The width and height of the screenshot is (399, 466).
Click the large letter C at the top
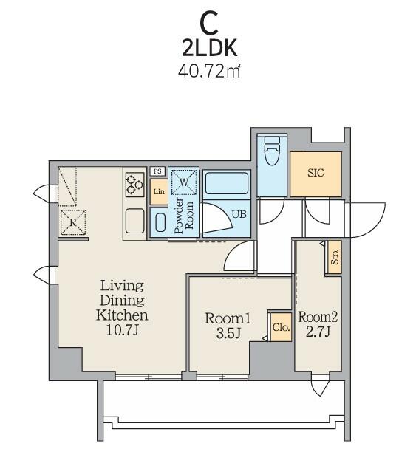209,24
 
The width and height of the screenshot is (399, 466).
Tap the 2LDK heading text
210,48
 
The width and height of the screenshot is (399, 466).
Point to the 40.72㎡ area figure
209,71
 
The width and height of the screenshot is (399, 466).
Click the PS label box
157,171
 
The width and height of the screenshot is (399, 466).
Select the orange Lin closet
159,192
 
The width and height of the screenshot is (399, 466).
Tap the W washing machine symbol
184,182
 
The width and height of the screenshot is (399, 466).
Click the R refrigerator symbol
73,222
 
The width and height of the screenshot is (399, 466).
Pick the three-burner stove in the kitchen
135,185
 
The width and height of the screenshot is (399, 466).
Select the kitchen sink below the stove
135,221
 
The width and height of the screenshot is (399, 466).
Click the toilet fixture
272,151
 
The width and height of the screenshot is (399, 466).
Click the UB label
239,214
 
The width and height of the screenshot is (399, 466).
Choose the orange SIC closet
316,174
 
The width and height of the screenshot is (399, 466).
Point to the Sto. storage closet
335,257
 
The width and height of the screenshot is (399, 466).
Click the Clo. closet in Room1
281,327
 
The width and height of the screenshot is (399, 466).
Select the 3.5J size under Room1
228,334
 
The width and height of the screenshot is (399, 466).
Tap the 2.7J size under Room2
318,332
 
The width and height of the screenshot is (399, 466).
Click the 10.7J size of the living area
122,330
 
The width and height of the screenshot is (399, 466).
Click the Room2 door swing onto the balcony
320,386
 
